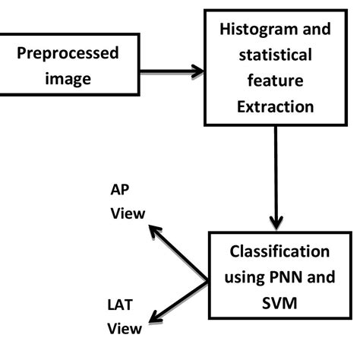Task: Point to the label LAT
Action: [x=121, y=306]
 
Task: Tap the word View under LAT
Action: [x=124, y=329]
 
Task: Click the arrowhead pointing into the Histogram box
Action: [x=198, y=71]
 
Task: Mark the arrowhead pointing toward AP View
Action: [x=153, y=230]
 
